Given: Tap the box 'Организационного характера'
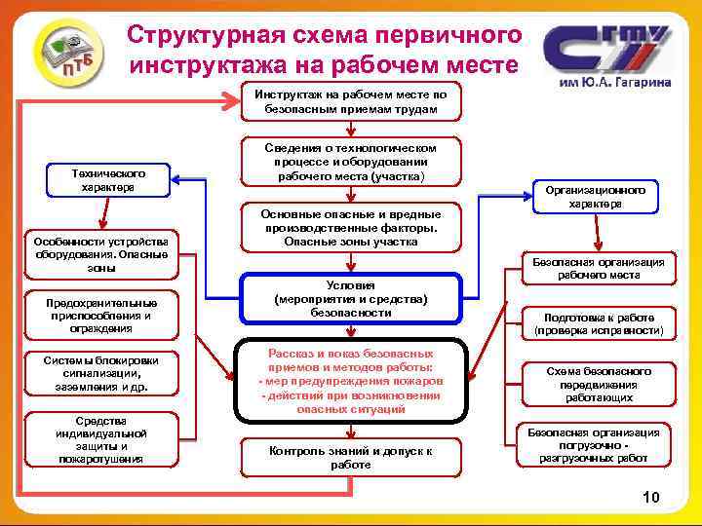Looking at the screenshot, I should pos(596,198).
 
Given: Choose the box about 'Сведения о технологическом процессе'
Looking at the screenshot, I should pos(350,162).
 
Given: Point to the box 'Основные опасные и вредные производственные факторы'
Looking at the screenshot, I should pos(350,227).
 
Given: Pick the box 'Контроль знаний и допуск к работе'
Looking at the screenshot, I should pos(350,458).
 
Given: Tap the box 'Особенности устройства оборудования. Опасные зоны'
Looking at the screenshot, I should pos(100,254).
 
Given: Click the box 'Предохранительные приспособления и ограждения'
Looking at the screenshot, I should pos(100,315).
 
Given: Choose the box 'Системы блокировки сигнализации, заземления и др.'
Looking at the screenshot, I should pos(100,374).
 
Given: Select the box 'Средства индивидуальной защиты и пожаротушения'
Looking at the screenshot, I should pos(100,438).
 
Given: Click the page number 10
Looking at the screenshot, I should pos(651,498).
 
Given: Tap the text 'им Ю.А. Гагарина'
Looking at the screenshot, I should pos(613,84).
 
